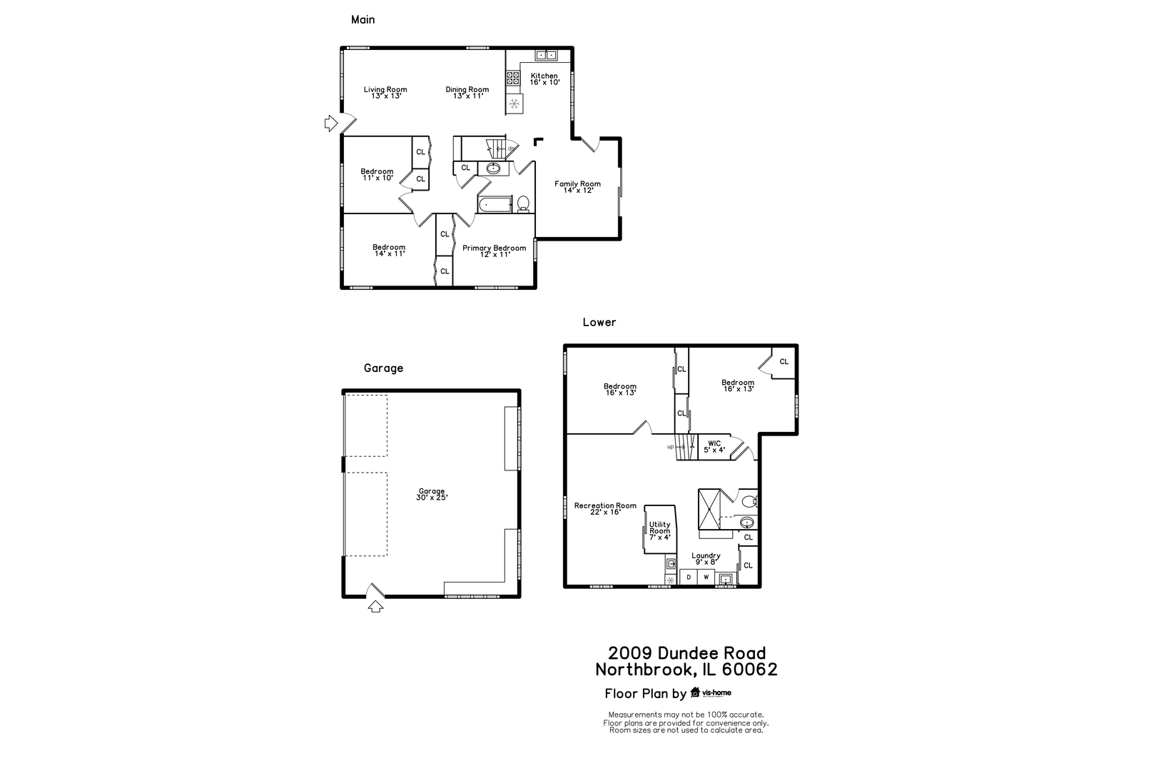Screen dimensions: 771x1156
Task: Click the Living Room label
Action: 385,93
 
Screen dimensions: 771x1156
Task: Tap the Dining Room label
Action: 467,93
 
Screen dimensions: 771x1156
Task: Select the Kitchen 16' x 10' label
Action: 544,79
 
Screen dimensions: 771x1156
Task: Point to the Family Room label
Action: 578,187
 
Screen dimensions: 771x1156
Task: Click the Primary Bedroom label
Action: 494,251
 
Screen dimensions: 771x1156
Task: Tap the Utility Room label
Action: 659,530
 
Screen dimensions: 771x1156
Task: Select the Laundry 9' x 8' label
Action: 706,559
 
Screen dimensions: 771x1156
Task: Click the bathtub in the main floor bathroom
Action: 495,205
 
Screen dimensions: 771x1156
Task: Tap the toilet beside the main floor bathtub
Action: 523,203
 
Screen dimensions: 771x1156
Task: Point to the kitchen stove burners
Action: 513,79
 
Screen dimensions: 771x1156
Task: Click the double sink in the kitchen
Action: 547,55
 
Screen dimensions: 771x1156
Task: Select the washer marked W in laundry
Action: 706,577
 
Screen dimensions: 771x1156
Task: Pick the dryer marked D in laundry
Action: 689,577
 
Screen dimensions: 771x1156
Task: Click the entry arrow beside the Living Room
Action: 330,124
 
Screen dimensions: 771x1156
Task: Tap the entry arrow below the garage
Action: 375,606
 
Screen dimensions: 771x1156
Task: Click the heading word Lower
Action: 599,322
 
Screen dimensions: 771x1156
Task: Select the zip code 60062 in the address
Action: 749,670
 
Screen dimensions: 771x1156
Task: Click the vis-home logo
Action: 711,692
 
